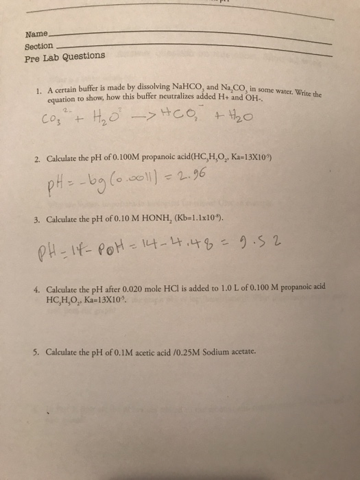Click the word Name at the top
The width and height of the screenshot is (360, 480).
36,34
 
